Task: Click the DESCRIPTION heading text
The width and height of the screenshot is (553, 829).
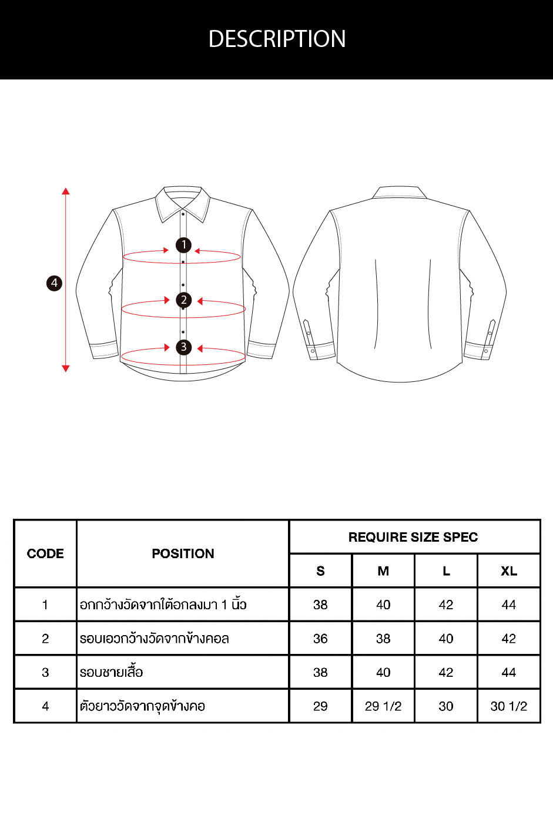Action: click(277, 39)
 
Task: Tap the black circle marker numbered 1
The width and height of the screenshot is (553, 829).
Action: click(183, 245)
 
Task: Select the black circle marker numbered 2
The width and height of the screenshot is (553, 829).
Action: click(183, 300)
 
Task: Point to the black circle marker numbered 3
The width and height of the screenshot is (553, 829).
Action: click(183, 347)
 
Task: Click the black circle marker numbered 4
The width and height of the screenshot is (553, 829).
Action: click(54, 283)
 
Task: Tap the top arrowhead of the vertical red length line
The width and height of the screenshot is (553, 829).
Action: click(66, 191)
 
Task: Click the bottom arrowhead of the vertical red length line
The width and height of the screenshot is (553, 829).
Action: click(66, 368)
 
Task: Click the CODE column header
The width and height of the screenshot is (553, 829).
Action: click(45, 553)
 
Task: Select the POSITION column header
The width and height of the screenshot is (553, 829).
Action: click(183, 553)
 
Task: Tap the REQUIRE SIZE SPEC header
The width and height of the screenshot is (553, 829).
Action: click(413, 537)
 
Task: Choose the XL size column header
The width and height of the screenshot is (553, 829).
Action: click(509, 571)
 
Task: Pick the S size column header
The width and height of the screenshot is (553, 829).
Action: click(320, 571)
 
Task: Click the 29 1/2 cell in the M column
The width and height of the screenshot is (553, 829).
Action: click(383, 706)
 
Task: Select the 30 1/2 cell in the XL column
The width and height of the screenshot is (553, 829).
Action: click(509, 706)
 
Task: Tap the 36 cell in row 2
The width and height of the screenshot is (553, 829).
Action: click(320, 639)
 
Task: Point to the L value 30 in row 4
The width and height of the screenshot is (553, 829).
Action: click(446, 706)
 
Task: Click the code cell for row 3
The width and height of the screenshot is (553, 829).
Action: click(45, 672)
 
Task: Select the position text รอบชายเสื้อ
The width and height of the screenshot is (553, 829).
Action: click(112, 671)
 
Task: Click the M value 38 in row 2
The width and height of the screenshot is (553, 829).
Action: click(383, 639)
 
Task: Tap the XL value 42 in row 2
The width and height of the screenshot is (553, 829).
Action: click(509, 639)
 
